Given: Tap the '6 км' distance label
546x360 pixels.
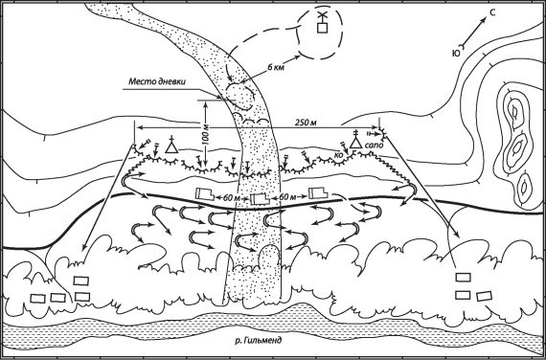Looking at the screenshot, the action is (276, 68).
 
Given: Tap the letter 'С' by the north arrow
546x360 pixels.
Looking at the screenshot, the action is (492, 13).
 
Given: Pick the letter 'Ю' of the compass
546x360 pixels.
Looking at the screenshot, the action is (455, 53).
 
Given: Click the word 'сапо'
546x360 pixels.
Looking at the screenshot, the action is (374, 146).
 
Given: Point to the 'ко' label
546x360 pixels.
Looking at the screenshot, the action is (338, 156).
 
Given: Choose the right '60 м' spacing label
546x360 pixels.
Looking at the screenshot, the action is (288, 197).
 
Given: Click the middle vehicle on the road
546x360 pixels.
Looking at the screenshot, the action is (260, 199).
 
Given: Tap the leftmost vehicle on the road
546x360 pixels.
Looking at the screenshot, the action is (204, 193).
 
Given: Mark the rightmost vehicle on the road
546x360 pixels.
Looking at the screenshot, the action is (318, 192).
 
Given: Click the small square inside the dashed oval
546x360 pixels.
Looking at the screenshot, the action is (323, 28).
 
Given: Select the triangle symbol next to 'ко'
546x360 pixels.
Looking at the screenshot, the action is (355, 143).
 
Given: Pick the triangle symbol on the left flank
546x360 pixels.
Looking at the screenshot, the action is (171, 147).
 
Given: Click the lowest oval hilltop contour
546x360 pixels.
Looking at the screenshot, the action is (523, 187).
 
